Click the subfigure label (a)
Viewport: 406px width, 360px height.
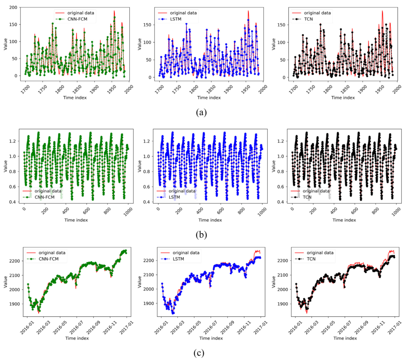201,112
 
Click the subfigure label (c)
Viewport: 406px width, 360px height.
201,353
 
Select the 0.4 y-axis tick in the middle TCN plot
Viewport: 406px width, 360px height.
282,202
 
